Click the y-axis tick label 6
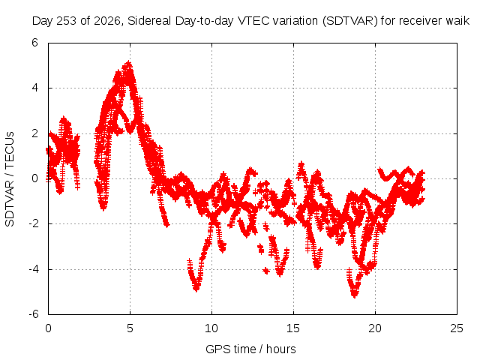pyautogui.click(x=34, y=43)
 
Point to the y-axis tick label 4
pyautogui.click(x=34, y=88)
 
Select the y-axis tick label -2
pyautogui.click(x=33, y=223)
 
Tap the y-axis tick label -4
pyautogui.click(x=33, y=269)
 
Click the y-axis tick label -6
pyautogui.click(x=33, y=314)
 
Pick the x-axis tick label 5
pyautogui.click(x=130, y=328)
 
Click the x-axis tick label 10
pyautogui.click(x=211, y=328)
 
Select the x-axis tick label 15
pyautogui.click(x=293, y=328)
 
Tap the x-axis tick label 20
pyautogui.click(x=375, y=328)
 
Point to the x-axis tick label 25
pyautogui.click(x=457, y=328)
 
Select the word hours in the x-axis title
pyautogui.click(x=281, y=349)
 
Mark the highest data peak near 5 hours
pyautogui.click(x=129, y=63)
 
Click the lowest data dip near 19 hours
pyautogui.click(x=355, y=295)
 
